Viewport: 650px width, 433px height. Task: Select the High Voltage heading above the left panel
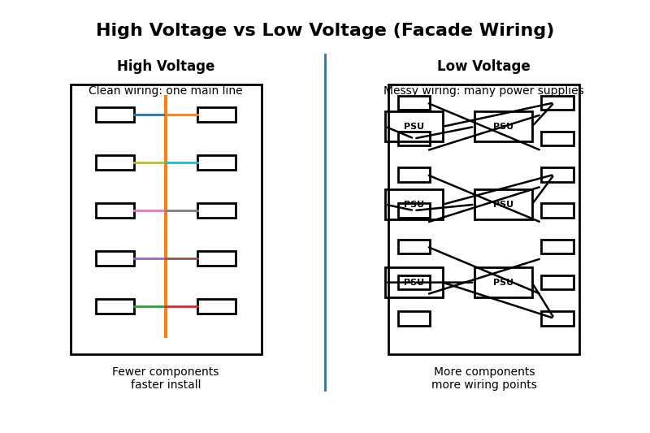(166, 67)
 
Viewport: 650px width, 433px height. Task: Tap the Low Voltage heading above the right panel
(483, 67)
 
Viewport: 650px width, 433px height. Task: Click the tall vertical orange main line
(166, 236)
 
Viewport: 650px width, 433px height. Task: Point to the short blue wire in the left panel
(149, 115)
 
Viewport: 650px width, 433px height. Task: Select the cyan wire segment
(182, 162)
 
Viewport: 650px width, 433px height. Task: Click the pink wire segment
(149, 210)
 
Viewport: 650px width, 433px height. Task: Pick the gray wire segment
(182, 210)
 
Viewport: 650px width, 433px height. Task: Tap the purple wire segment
(149, 258)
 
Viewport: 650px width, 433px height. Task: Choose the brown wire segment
(182, 258)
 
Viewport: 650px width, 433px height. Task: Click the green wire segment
(149, 306)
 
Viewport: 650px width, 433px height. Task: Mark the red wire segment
(182, 306)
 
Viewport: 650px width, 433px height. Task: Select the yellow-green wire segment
(149, 162)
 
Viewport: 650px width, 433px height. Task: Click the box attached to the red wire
(216, 306)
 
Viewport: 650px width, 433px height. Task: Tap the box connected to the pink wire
(115, 210)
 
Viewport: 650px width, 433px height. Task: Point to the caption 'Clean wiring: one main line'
(166, 91)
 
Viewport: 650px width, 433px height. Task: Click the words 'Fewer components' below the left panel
(166, 372)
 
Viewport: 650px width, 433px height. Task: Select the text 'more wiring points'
(483, 385)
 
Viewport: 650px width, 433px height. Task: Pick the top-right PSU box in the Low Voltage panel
(503, 127)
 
